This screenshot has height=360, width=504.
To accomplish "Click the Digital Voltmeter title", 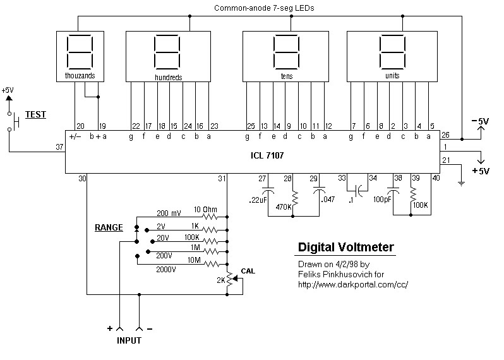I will (346, 248).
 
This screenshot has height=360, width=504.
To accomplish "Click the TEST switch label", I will (35, 115).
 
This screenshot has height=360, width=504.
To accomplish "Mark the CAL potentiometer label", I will (248, 271).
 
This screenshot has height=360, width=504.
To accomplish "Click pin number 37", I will (59, 147).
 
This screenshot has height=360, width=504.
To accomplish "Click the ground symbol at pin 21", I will (462, 183).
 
